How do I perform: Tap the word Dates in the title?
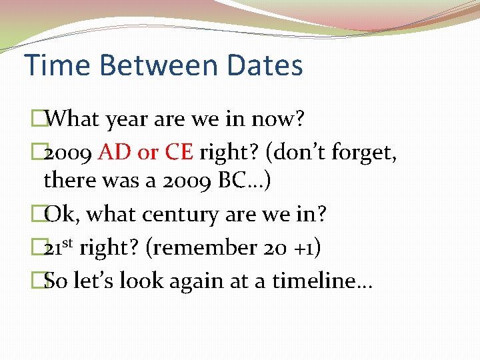click(x=265, y=65)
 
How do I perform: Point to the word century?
click(x=181, y=215)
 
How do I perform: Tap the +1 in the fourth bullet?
click(x=307, y=248)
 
